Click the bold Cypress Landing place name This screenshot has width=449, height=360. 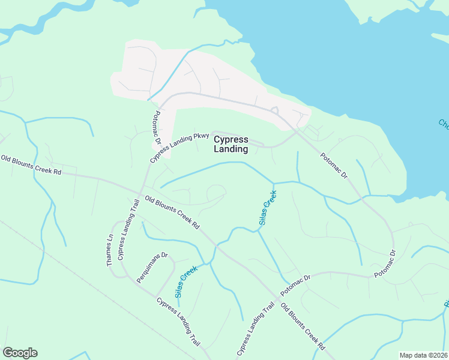[231, 144]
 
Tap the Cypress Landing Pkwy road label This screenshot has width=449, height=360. [179, 148]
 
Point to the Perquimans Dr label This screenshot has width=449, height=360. [152, 268]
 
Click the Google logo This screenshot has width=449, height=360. [20, 353]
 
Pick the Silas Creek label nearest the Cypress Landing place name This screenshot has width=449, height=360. [268, 208]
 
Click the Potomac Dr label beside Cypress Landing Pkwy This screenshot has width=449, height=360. [157, 127]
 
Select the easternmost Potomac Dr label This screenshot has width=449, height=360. [385, 264]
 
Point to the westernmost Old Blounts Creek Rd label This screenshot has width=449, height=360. [31, 165]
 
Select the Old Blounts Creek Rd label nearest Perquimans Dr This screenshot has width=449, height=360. [172, 213]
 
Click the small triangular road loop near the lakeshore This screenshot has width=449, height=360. [275, 110]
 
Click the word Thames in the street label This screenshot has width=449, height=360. [109, 255]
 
